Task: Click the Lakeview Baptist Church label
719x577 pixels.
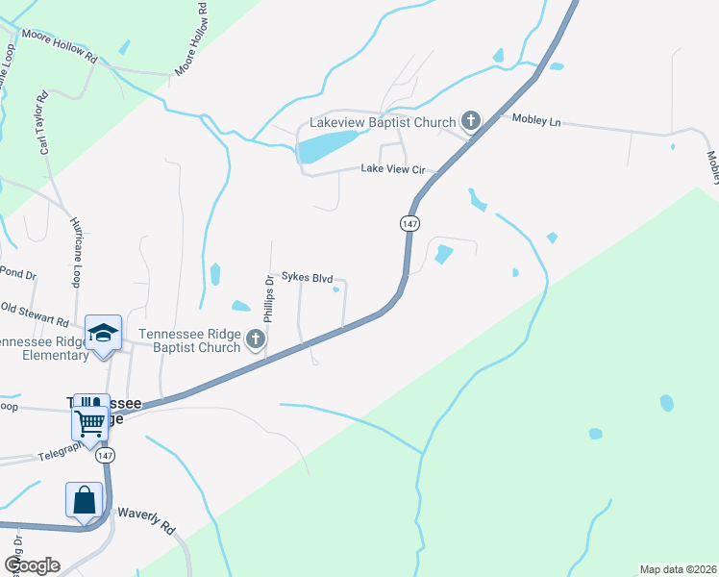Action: coord(382,123)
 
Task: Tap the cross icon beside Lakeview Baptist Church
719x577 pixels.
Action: coord(470,121)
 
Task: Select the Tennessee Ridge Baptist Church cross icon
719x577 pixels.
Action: coord(255,339)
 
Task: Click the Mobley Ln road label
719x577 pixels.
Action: coord(536,121)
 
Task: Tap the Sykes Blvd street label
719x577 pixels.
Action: coord(307,276)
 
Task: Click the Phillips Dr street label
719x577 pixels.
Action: coord(269,301)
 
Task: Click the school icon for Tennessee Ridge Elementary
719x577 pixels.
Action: coord(103,333)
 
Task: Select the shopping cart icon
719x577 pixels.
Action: coord(89,420)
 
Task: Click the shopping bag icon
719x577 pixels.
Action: coord(84,500)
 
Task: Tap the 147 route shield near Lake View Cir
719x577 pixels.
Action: coord(409,222)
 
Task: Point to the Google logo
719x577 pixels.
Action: coord(31,565)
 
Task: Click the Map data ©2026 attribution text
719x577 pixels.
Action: coord(677,569)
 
